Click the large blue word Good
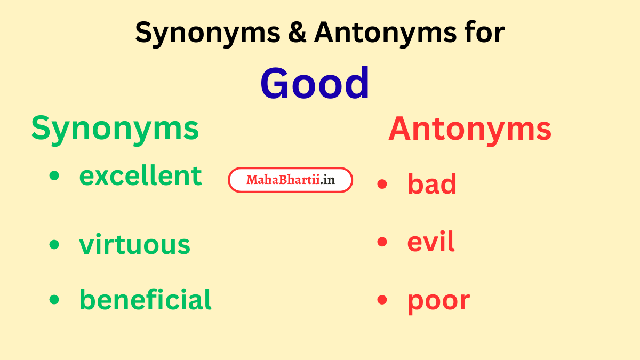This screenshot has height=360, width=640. [x=315, y=84]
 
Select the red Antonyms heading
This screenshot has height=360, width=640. [x=470, y=130]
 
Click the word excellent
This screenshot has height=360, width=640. [x=140, y=176]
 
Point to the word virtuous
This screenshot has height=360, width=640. [x=134, y=244]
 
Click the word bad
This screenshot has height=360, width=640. [x=432, y=184]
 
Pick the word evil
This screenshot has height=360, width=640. [x=431, y=242]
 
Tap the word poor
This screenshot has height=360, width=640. [x=438, y=300]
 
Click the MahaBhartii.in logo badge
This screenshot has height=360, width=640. [x=291, y=180]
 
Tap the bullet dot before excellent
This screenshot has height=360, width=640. [x=54, y=177]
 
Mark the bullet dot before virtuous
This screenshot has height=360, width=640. [x=54, y=245]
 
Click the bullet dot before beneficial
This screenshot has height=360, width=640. [x=54, y=300]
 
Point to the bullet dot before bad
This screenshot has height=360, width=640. [x=382, y=185]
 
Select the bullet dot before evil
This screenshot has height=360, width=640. [x=382, y=243]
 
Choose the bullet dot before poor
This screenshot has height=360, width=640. [x=382, y=300]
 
